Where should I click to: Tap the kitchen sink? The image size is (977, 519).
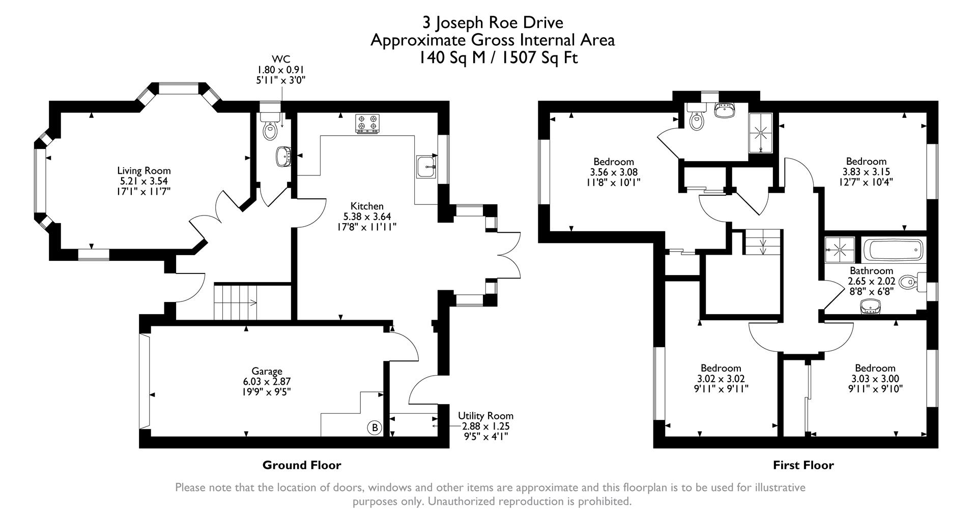click(426, 166)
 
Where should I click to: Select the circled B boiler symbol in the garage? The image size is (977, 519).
click(375, 428)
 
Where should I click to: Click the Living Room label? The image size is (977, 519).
click(144, 171)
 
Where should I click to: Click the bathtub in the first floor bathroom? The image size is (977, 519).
click(893, 251)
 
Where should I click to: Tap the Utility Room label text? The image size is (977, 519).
click(485, 416)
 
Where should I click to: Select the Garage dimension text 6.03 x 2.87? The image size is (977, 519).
click(267, 381)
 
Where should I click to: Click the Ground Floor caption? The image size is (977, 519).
click(302, 465)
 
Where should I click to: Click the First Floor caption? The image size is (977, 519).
click(803, 465)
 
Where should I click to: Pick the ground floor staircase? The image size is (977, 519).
click(235, 302)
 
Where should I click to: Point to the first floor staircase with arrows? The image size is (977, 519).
click(762, 242)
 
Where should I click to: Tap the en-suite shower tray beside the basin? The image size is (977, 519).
click(762, 133)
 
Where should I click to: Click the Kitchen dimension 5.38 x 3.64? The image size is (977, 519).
click(367, 217)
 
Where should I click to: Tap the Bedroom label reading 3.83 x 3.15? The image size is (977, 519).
click(866, 172)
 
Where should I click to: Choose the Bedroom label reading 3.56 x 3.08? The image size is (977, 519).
click(613, 172)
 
